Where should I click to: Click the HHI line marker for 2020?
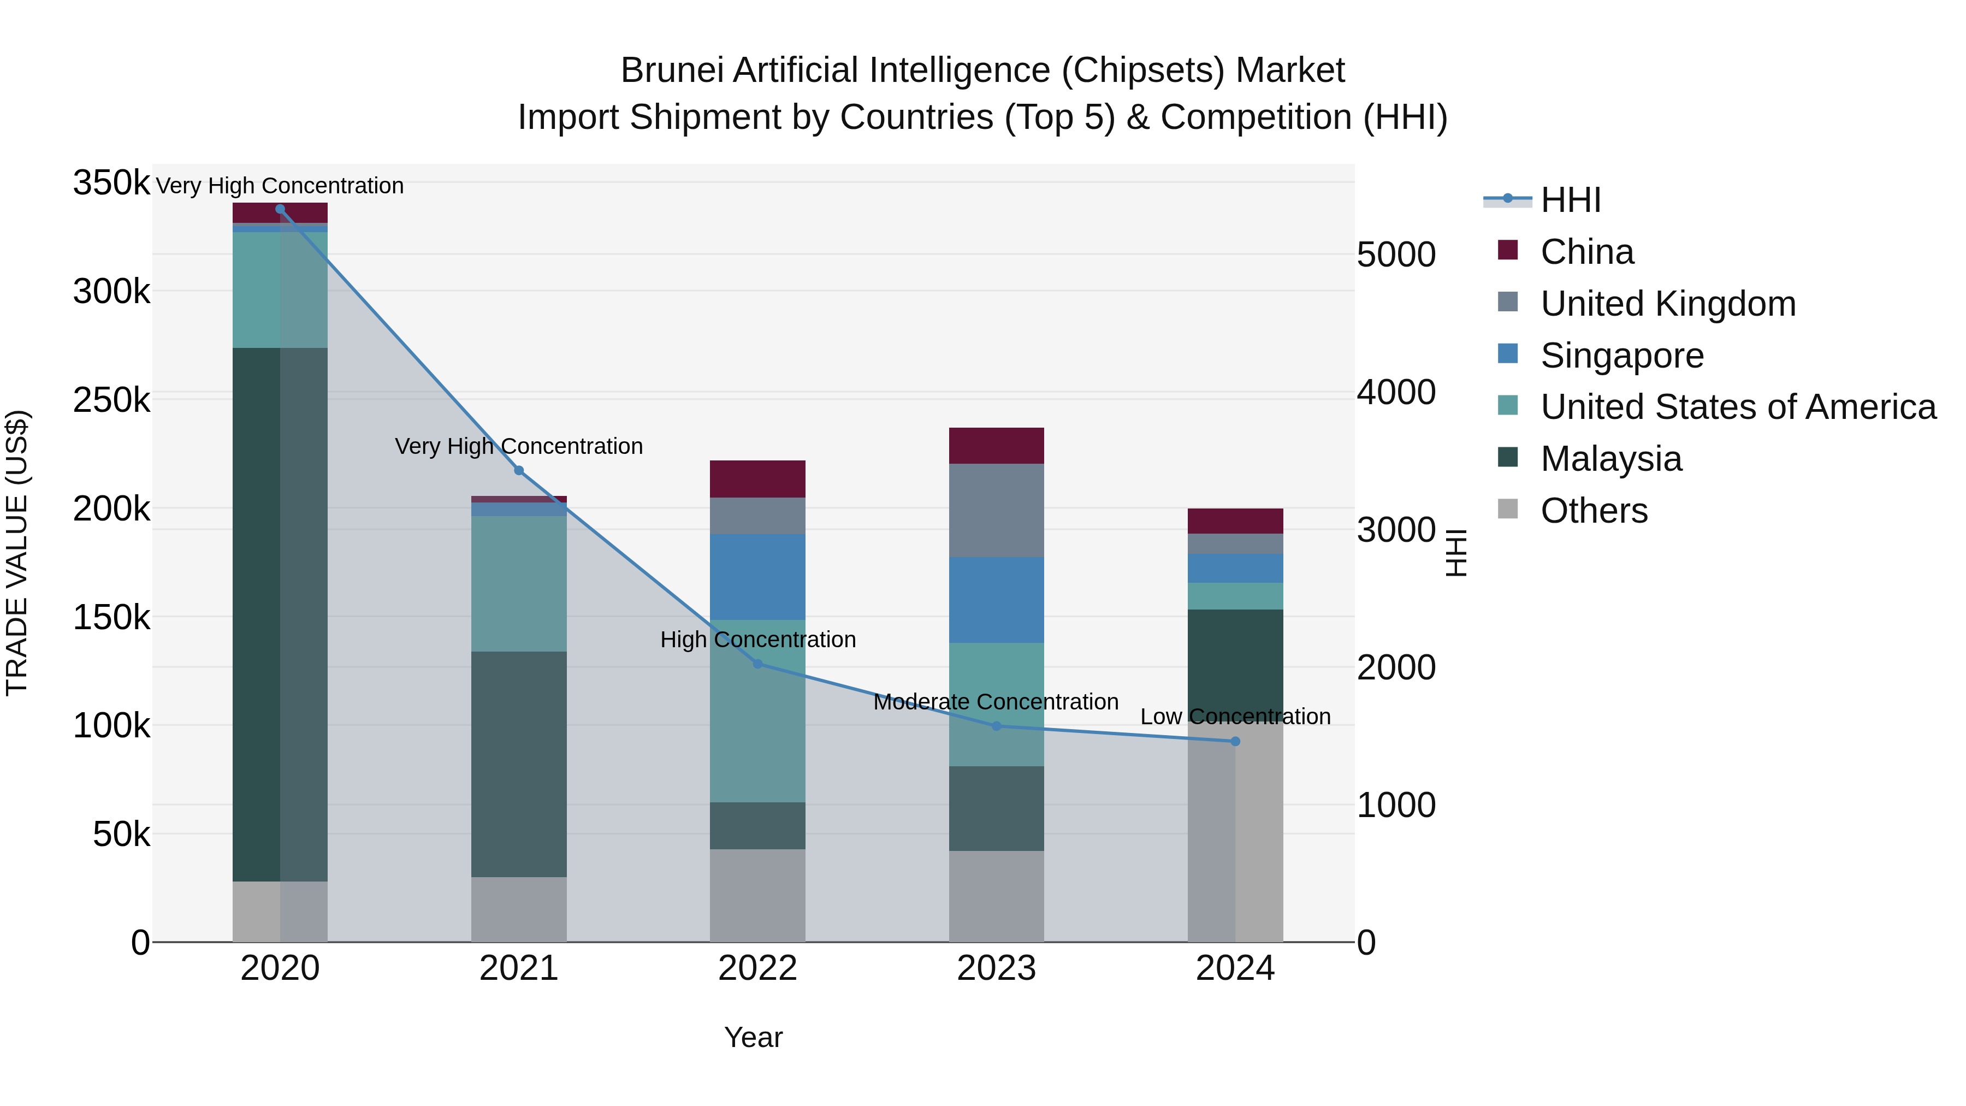point(280,209)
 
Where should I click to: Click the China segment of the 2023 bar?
point(996,446)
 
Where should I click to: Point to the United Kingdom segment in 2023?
point(996,510)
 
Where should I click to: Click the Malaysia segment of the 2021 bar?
point(519,764)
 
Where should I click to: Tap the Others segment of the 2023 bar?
point(996,896)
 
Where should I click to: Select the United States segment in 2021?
point(519,584)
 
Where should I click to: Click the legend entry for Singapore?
point(1622,356)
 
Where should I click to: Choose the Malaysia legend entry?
point(1610,459)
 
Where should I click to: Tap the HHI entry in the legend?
point(1571,200)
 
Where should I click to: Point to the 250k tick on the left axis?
point(111,400)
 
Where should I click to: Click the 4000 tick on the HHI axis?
point(1396,392)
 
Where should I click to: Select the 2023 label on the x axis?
point(996,968)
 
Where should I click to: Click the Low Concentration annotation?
point(1235,717)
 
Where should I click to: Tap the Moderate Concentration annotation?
point(996,701)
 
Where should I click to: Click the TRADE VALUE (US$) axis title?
point(17,553)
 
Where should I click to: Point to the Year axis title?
point(753,1037)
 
